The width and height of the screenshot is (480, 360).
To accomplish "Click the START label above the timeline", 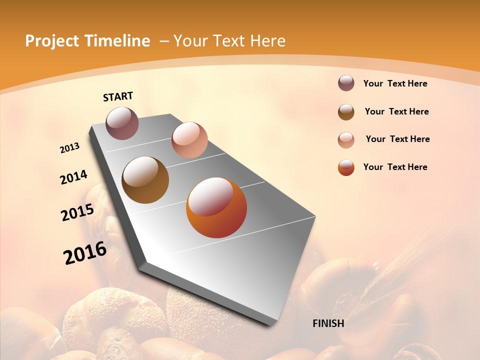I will tap(118, 96).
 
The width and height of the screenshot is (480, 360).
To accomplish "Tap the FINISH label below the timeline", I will tap(328, 323).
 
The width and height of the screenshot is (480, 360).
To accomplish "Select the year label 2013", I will tap(70, 148).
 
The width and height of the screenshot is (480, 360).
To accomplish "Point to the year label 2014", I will tap(74, 177).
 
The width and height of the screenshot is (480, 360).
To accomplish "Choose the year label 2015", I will tap(77, 212).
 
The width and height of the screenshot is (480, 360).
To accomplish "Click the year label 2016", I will tap(85, 253).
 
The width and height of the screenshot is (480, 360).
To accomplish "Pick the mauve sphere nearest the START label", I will tap(122, 123).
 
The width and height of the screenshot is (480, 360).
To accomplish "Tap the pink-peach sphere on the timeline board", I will tap(189, 140).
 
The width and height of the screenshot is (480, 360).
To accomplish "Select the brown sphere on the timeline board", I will tap(145, 180).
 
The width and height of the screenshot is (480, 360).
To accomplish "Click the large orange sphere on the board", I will tap(216, 207).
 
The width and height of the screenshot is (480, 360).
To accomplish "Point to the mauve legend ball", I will tap(346, 83).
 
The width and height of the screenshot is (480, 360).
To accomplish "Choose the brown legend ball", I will tap(346, 112).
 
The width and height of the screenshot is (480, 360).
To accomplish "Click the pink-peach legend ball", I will tap(346, 140).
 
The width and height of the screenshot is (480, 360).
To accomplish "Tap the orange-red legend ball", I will tap(346, 167).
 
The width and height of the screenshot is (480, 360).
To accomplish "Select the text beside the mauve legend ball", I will tap(395, 83).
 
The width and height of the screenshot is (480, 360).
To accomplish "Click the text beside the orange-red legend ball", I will tap(395, 167).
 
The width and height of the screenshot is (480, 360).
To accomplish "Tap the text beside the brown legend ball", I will tap(396, 111).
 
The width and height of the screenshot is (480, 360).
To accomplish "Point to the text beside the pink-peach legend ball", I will tap(397, 139).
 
